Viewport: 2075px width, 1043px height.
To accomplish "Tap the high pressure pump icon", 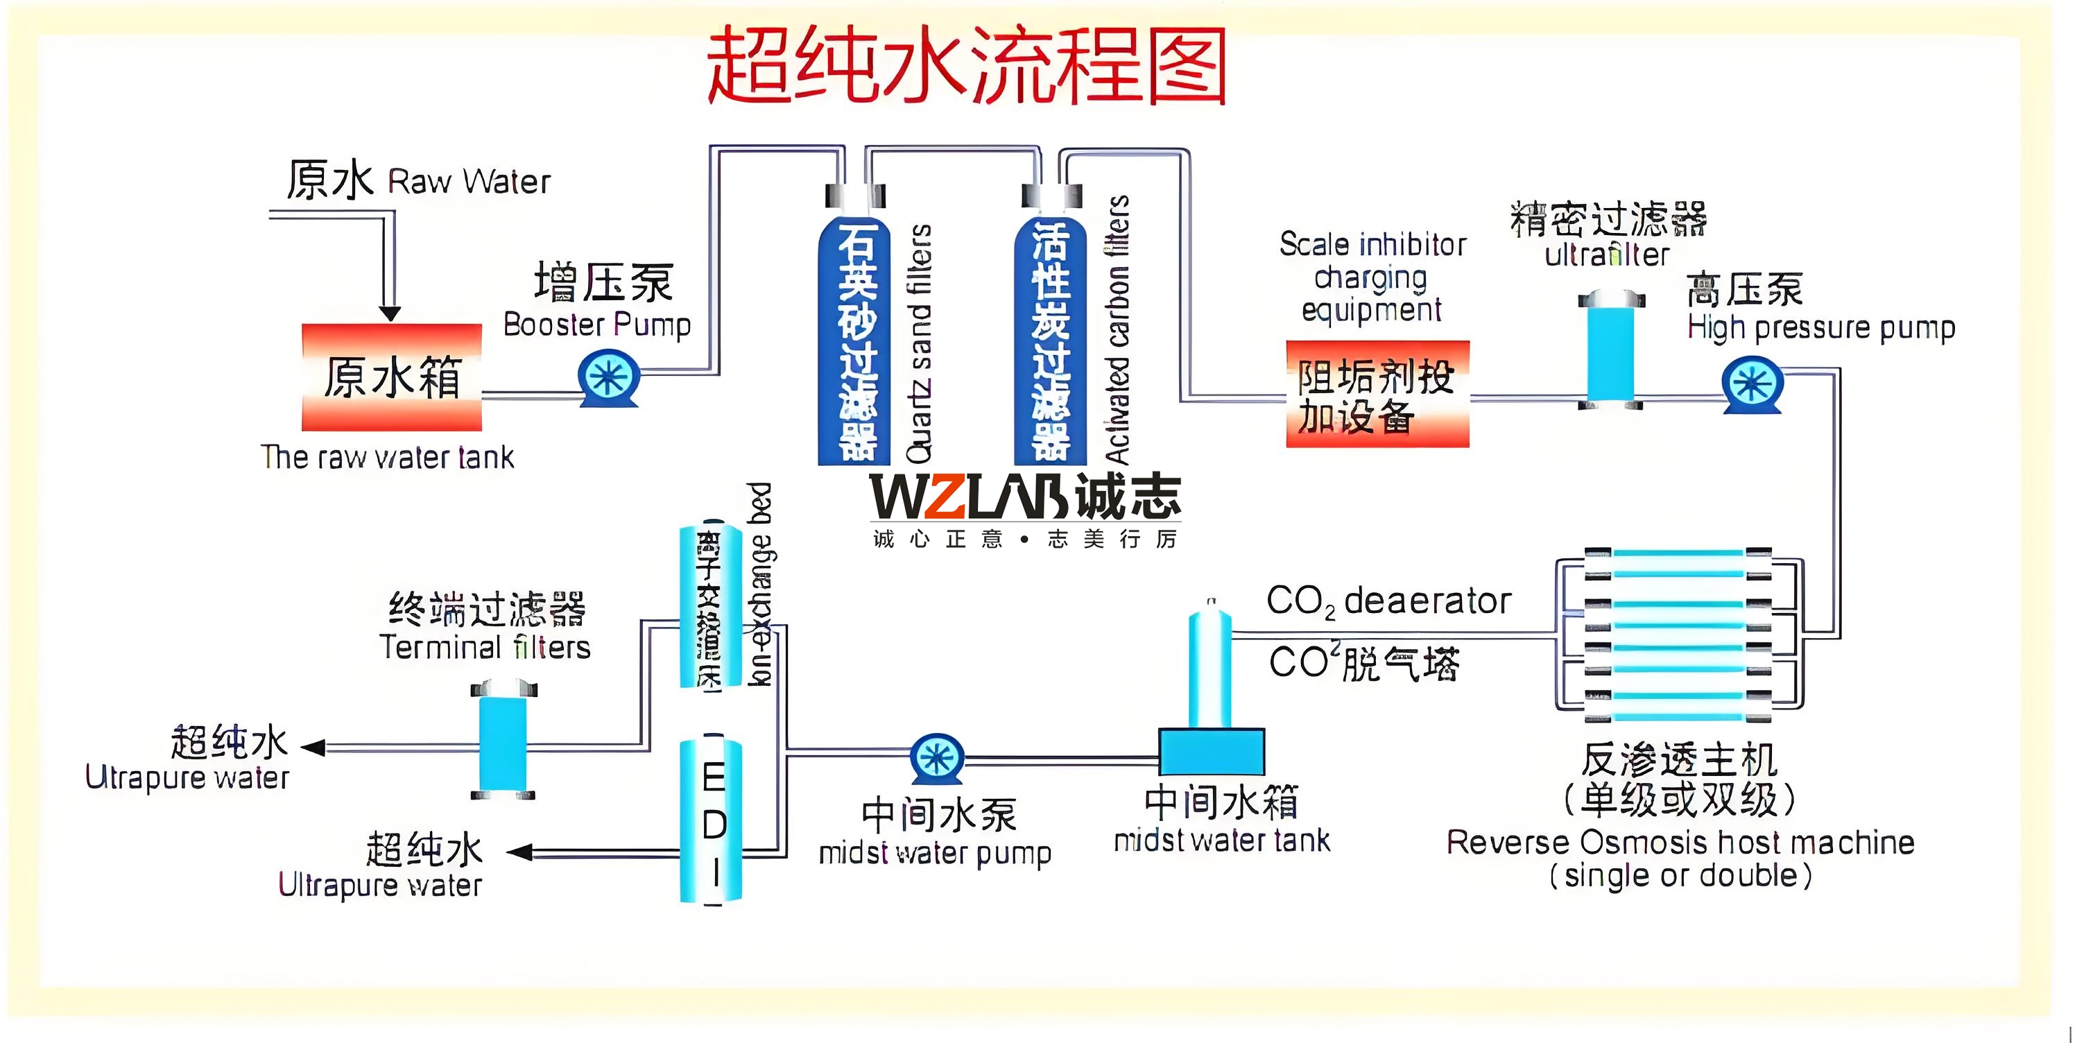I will (x=1752, y=385).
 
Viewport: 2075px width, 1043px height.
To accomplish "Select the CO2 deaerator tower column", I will (x=1210, y=669).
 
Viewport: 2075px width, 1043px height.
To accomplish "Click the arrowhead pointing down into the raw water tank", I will (x=390, y=313).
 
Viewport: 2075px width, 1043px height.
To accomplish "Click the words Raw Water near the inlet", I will (x=469, y=182).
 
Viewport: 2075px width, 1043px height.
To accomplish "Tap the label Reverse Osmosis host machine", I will (x=1680, y=843).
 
